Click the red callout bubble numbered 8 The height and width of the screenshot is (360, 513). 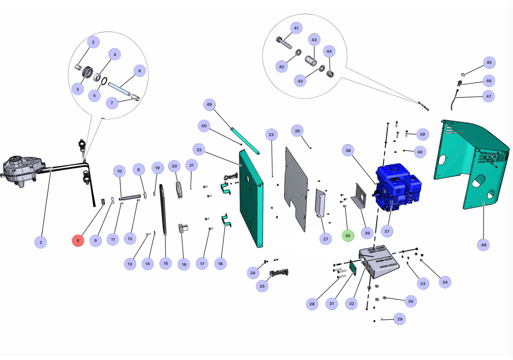coord(78,240)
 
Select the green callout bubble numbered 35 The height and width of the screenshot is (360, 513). coord(348,236)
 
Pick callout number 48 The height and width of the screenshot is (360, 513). coord(484,245)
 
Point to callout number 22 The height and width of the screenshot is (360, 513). coord(199,150)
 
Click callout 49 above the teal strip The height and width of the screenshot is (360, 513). coord(209,104)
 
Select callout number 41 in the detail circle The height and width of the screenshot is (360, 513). coord(296,28)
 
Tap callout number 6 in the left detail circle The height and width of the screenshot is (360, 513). coord(140,71)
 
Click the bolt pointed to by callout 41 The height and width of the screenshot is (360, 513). coord(283,42)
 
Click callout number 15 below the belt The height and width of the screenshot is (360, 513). coord(166,263)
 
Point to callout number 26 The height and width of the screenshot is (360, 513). coord(297,131)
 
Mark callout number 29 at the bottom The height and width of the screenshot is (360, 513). coord(400,319)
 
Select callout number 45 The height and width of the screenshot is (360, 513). coord(489,62)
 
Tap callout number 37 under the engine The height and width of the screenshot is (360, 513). coord(387,231)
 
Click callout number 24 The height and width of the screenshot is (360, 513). coord(253,273)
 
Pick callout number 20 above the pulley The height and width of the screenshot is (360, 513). coord(174,166)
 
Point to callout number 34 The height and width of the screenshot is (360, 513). coord(445,282)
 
